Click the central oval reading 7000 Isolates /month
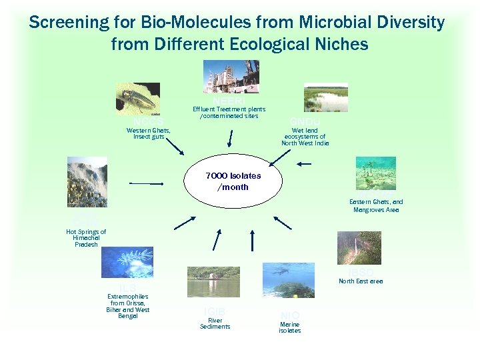click(x=233, y=181)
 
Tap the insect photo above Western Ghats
click(x=137, y=99)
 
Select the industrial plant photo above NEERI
click(x=231, y=77)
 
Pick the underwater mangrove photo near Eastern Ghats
click(x=375, y=174)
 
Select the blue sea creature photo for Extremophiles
click(x=127, y=262)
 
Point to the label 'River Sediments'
click(x=215, y=323)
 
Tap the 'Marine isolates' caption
click(x=289, y=327)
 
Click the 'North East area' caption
click(x=360, y=281)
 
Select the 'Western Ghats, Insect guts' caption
click(x=148, y=133)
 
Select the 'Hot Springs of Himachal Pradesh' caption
click(x=86, y=238)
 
